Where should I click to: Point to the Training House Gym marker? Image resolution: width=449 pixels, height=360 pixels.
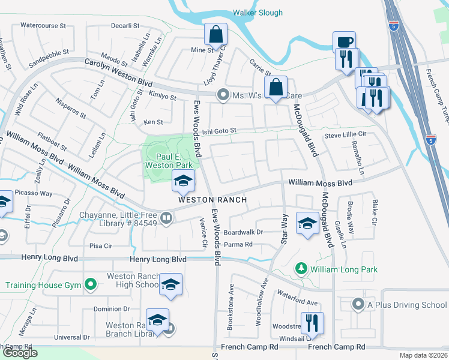tap(91, 283)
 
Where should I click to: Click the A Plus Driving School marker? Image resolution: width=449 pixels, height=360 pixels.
tap(358, 304)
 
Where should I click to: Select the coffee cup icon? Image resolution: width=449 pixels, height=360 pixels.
tap(344, 42)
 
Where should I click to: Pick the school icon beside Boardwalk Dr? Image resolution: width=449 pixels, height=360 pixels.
tap(307, 224)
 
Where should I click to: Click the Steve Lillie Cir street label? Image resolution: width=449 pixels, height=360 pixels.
tap(345, 136)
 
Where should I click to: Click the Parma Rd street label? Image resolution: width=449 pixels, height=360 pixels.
tap(238, 244)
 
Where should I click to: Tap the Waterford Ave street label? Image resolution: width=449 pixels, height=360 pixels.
tap(297, 298)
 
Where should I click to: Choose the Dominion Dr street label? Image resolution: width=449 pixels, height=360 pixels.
tap(112, 309)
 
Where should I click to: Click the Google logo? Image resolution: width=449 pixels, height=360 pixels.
tap(20, 353)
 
